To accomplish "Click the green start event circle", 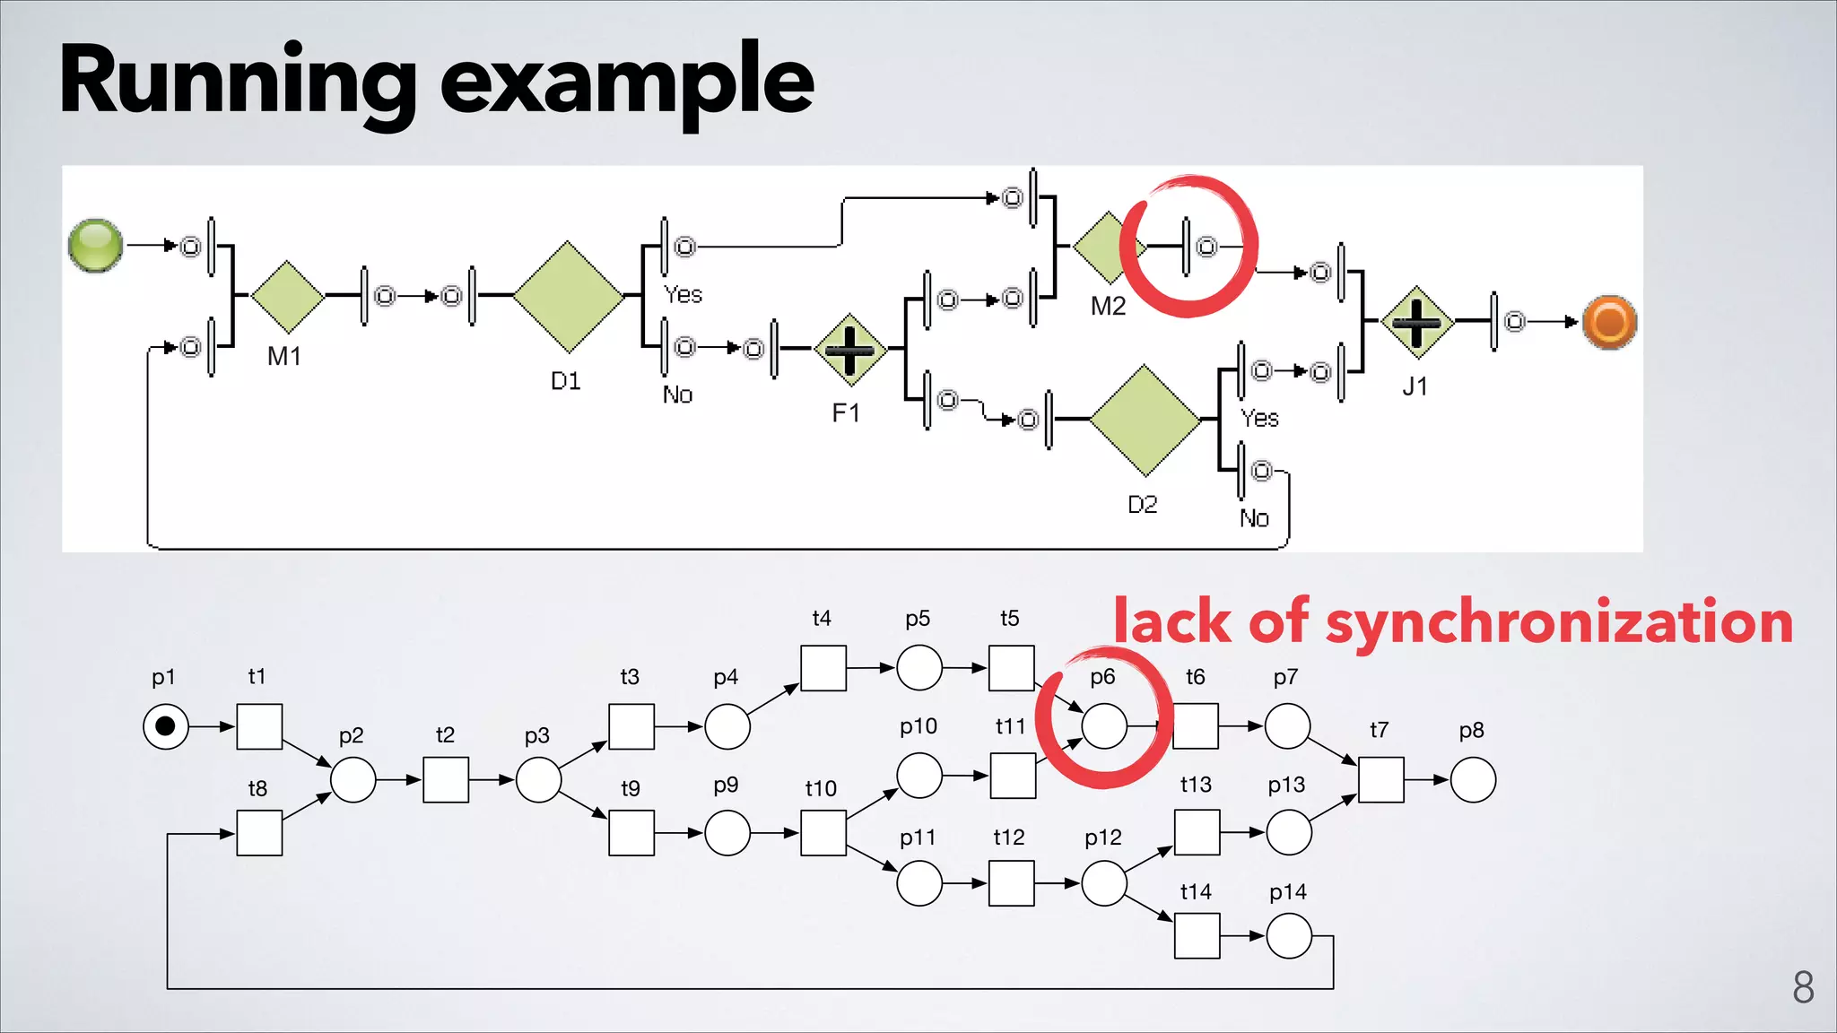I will click(96, 245).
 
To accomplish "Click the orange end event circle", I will click(1609, 322).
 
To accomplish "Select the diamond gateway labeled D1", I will click(568, 296).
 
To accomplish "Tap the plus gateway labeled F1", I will click(849, 350).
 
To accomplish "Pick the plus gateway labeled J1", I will click(1416, 322).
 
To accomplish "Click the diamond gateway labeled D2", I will click(1145, 419).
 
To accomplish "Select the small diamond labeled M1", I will click(287, 296).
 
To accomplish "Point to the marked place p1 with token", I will click(166, 726).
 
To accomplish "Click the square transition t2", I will click(446, 780).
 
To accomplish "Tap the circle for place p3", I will click(539, 780).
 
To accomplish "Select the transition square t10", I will click(823, 833).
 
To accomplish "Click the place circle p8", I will click(1473, 780).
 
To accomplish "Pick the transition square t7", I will click(1380, 780).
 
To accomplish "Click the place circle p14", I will click(1289, 936).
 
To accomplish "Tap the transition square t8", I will click(259, 833).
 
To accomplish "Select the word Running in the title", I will click(238, 82).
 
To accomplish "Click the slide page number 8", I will click(1803, 987).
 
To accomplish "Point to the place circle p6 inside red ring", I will click(1104, 726).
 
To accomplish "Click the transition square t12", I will click(1011, 883).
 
